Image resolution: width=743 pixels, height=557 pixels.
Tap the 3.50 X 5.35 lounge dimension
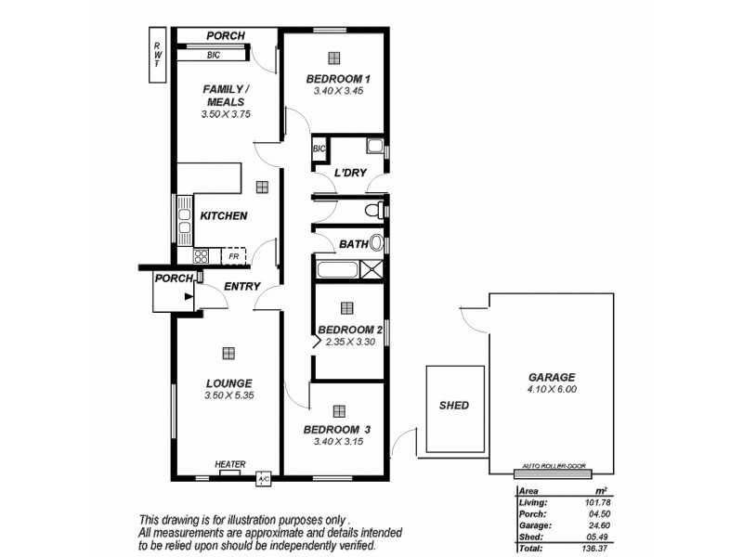(x=228, y=395)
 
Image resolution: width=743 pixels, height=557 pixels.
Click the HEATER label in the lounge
(x=229, y=464)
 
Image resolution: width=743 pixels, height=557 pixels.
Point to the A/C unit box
(x=263, y=479)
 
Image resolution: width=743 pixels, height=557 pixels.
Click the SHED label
(x=453, y=406)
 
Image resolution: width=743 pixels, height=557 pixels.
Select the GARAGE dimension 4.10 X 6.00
(x=552, y=391)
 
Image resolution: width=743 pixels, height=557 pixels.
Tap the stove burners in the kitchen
(x=202, y=255)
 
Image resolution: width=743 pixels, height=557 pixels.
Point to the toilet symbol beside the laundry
(x=374, y=211)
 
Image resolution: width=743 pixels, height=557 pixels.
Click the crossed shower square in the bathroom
(x=371, y=270)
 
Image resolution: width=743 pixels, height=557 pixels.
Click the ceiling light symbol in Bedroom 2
(x=347, y=307)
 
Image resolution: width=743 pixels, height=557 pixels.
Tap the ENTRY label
(x=242, y=287)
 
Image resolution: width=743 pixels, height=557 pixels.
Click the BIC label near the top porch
(x=213, y=54)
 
